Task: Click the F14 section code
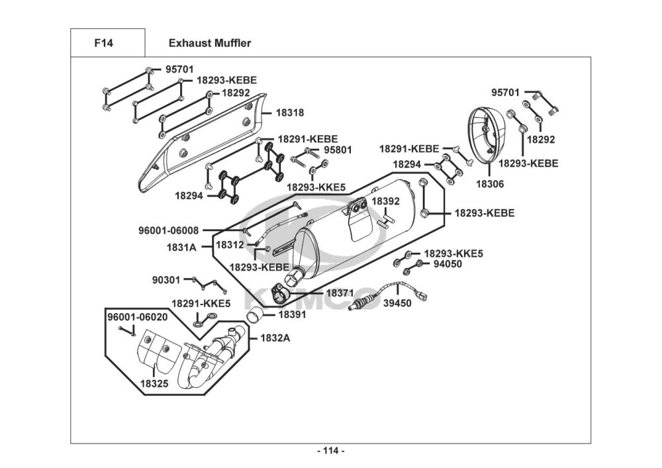coord(104,44)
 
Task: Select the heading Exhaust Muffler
coord(210,44)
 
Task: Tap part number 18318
coord(289,113)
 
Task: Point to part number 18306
coord(490,184)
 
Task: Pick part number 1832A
coord(275,337)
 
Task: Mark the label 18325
coord(154,383)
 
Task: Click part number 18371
coord(339,293)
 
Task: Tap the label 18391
coord(292,314)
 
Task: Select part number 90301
coord(166,280)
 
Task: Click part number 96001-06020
coord(137,317)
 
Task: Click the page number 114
coord(331,451)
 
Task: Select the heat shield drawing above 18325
coord(156,350)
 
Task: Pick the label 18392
coord(385,201)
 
